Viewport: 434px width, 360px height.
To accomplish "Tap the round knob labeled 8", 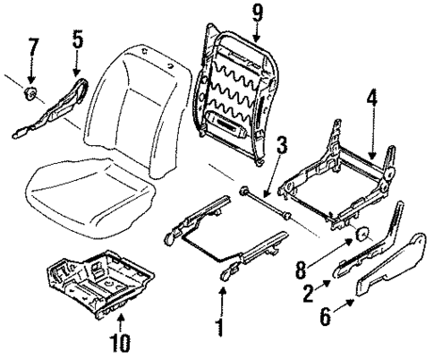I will (x=362, y=235).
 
